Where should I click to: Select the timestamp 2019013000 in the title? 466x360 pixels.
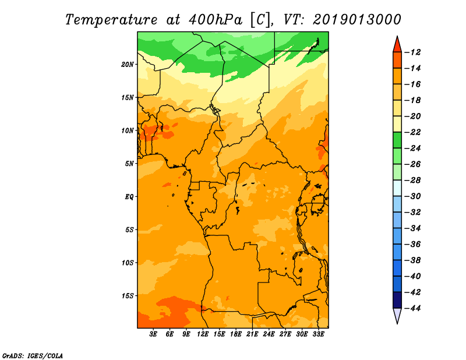(x=356, y=19)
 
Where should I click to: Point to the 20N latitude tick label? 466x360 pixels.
(x=128, y=64)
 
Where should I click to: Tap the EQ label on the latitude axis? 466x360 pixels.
(x=129, y=197)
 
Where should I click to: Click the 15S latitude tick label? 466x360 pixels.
(x=128, y=296)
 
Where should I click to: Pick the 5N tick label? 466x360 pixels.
(x=129, y=164)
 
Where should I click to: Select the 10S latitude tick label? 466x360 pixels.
(x=128, y=263)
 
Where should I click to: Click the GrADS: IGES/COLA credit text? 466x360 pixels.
(x=32, y=355)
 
